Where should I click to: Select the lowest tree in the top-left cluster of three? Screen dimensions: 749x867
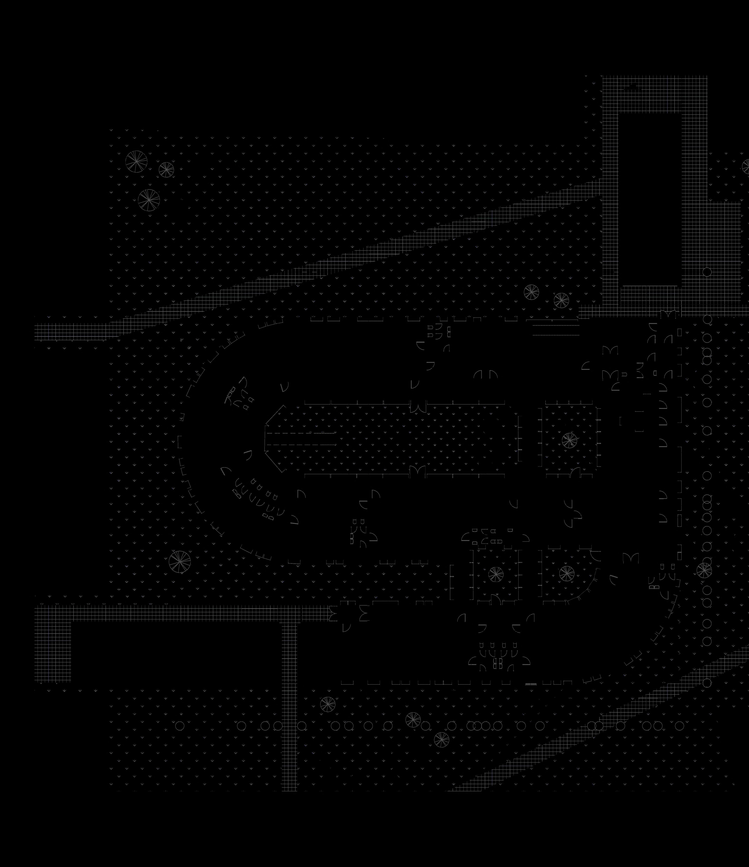[x=149, y=200]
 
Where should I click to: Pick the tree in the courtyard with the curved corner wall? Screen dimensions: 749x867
[x=567, y=573]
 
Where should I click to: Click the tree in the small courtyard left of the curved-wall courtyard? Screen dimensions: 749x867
[x=496, y=574]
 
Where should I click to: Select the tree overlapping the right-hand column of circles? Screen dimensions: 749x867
[x=704, y=570]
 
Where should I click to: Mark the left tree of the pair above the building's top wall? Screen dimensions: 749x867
[x=531, y=292]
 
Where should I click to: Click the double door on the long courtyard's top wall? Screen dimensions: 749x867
[x=417, y=407]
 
